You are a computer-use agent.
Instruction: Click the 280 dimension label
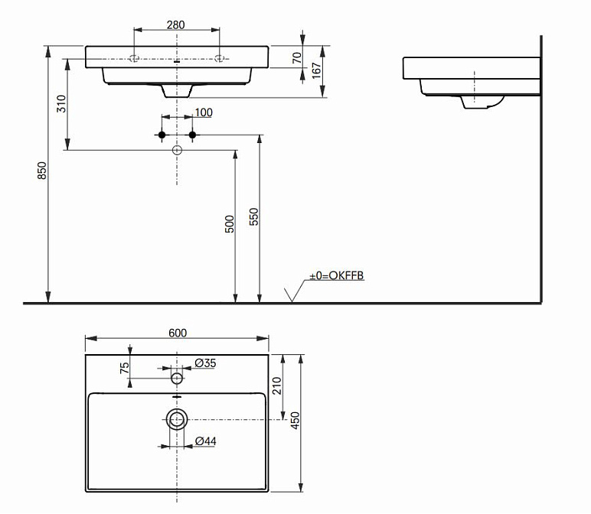click(x=175, y=24)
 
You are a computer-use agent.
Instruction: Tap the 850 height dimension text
click(x=42, y=171)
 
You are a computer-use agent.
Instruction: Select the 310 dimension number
click(x=61, y=103)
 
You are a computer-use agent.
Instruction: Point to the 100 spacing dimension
click(x=204, y=112)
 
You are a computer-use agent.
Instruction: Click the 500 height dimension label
click(x=230, y=224)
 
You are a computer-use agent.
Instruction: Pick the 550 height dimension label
click(x=254, y=216)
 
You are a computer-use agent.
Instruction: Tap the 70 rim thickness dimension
click(x=297, y=57)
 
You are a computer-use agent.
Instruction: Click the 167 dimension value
click(x=317, y=70)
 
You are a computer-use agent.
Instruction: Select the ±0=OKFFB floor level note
click(x=337, y=275)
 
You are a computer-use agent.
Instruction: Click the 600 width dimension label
click(x=178, y=333)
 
